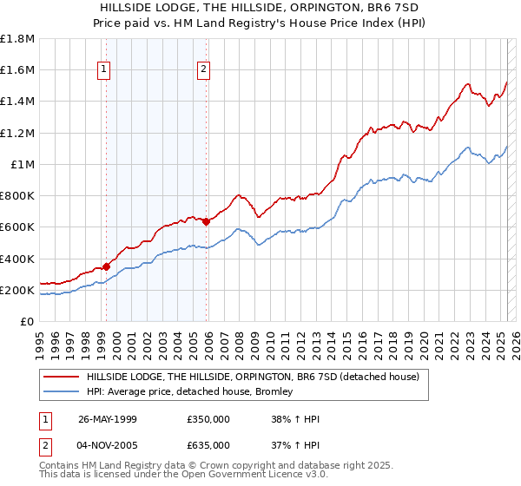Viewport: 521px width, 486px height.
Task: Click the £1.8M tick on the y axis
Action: click(x=18, y=39)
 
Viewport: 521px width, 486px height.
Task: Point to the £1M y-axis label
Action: click(x=22, y=164)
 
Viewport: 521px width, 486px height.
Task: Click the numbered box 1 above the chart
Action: click(x=104, y=70)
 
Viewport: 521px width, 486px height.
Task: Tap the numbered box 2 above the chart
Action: click(x=204, y=70)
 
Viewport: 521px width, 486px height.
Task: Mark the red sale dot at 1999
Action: click(x=106, y=266)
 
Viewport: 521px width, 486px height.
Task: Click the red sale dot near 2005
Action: click(x=206, y=221)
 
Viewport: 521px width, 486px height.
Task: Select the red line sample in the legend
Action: click(x=61, y=377)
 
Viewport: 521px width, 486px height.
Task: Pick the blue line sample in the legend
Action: click(x=61, y=392)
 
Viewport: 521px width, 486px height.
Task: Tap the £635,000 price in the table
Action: click(x=208, y=444)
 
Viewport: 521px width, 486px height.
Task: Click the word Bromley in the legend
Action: click(x=274, y=392)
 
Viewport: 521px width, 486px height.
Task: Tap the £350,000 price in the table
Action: click(x=208, y=418)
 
